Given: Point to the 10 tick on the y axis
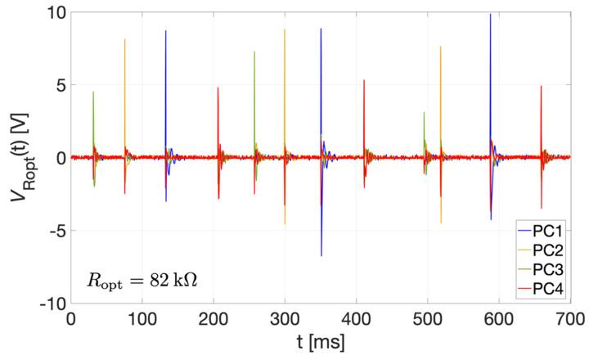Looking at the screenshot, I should pyautogui.click(x=53, y=13).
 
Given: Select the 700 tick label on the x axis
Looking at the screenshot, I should pyautogui.click(x=570, y=318).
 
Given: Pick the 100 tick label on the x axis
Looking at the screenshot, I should pyautogui.click(x=142, y=318).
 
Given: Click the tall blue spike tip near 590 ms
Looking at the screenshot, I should pyautogui.click(x=491, y=15).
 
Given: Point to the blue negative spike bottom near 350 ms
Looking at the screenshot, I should pyautogui.click(x=321, y=255).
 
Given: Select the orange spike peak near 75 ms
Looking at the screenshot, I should pyautogui.click(x=125, y=40).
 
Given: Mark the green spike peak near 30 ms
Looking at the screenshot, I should pyautogui.click(x=93, y=92).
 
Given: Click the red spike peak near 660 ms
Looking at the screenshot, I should pyautogui.click(x=541, y=87).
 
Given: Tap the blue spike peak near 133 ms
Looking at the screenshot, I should pyautogui.click(x=165, y=32).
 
